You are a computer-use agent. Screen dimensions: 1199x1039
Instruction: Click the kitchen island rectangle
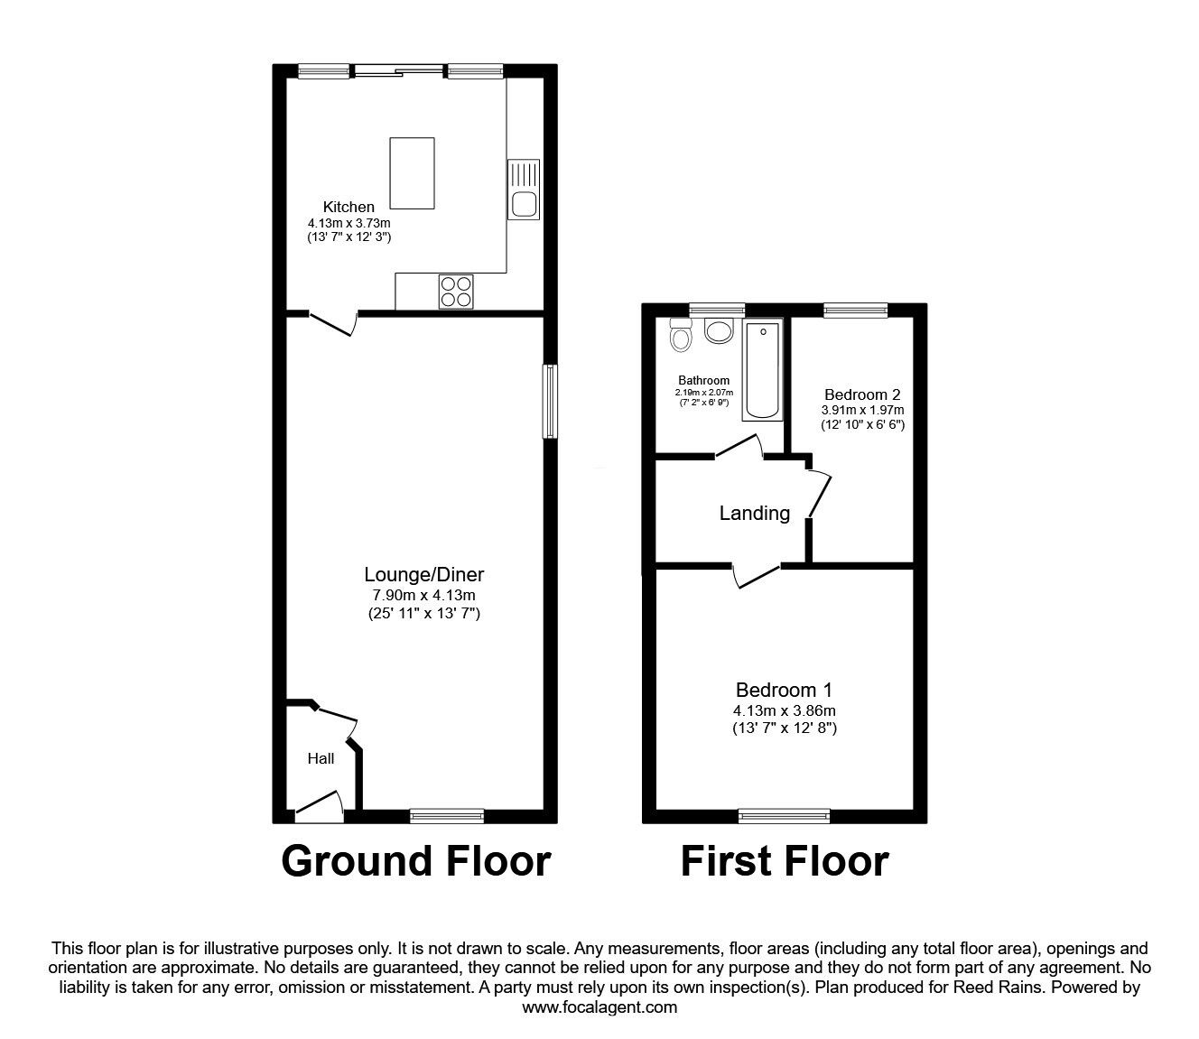[x=412, y=173]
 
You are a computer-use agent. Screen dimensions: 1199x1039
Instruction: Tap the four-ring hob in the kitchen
[x=456, y=292]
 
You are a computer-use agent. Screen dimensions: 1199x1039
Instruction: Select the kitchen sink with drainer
[x=524, y=190]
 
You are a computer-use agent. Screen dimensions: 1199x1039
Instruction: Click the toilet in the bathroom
[x=679, y=334]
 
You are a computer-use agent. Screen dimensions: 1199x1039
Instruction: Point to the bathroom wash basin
[x=719, y=330]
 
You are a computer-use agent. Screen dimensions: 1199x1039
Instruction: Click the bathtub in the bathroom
[x=762, y=369]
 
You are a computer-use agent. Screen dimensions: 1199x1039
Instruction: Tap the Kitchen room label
[x=349, y=207]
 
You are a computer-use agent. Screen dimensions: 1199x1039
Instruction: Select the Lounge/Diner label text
[x=424, y=574]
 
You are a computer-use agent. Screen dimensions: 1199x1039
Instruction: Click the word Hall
[x=321, y=758]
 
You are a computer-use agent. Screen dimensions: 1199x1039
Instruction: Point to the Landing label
[x=755, y=514]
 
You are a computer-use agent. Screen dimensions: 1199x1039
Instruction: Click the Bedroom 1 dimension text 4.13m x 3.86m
[x=785, y=710]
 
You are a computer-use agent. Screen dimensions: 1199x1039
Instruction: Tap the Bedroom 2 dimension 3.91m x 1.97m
[x=862, y=410]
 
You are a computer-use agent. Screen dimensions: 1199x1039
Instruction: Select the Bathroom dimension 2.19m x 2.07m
[x=703, y=393]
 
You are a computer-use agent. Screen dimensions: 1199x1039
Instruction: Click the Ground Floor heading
[x=416, y=861]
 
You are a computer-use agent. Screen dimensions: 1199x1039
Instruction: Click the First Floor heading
[x=785, y=861]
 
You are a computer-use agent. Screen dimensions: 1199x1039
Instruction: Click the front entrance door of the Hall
[x=320, y=807]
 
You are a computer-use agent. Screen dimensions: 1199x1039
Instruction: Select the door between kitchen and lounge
[x=333, y=324]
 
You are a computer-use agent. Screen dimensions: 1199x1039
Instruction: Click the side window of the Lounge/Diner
[x=550, y=401]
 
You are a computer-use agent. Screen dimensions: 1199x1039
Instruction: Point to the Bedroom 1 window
[x=785, y=816]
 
